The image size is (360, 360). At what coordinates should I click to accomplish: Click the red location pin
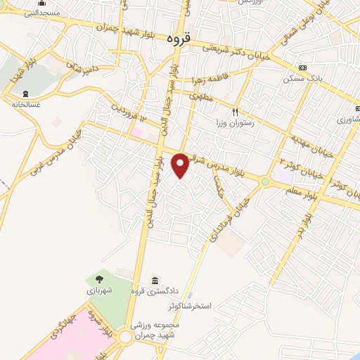[181, 165]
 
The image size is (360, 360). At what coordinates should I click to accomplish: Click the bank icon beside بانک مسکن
[302, 67]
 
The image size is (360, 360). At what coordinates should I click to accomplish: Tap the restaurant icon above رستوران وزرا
[236, 111]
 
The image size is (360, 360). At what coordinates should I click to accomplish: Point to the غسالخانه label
[26, 104]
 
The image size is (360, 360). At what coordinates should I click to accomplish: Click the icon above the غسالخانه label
[26, 94]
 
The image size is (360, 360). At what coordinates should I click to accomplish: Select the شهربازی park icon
[96, 281]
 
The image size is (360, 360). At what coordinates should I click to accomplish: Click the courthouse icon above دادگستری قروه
[154, 281]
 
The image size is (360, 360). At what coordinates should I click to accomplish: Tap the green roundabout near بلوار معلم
[265, 181]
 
